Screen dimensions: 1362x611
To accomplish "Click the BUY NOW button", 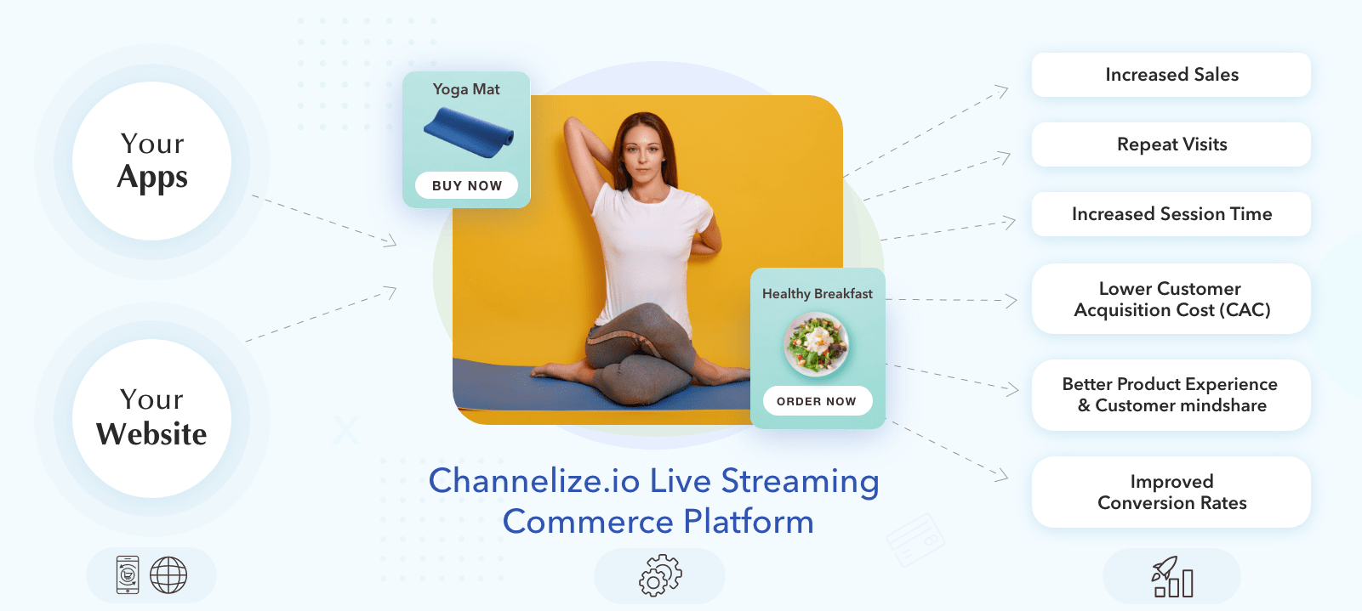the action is tap(466, 185).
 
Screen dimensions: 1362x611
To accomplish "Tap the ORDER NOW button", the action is tap(818, 401).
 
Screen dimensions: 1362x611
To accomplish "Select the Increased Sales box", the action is tap(1171, 75).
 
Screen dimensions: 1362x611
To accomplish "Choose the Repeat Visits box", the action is tap(1171, 144).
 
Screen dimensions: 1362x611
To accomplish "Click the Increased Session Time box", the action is tap(1171, 214).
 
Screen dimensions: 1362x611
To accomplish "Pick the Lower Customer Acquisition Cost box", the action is tap(1171, 299).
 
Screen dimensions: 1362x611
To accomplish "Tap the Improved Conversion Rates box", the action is tap(1171, 492).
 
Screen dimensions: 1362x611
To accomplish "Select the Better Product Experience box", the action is tap(1171, 395).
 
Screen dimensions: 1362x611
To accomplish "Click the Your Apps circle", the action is tap(152, 161).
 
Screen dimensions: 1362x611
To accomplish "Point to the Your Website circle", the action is tap(152, 418).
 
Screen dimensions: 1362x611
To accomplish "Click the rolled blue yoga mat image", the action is tap(469, 133).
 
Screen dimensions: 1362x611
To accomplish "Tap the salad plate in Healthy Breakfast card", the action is tap(816, 344).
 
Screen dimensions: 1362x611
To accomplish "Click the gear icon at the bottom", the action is tap(660, 576).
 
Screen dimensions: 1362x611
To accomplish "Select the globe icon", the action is tap(168, 575).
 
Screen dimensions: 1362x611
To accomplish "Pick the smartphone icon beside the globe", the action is tap(128, 574).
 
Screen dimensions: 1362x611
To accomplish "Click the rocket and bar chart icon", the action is tap(1172, 576).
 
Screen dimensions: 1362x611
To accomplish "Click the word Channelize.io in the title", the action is tap(534, 481).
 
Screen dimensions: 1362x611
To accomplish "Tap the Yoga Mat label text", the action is tap(466, 90).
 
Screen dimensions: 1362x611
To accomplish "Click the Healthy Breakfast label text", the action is tap(818, 294).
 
